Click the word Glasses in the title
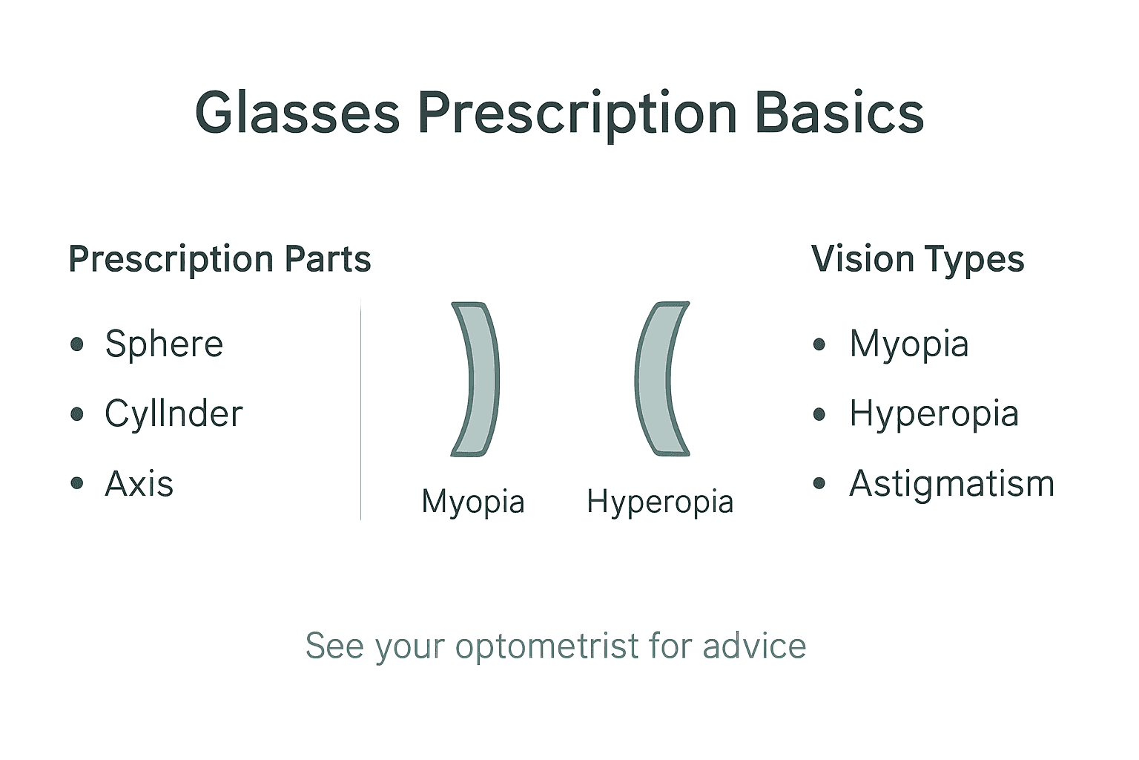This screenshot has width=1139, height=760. (x=297, y=114)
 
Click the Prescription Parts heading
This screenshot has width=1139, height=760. (x=219, y=259)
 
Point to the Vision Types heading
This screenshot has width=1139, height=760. (x=917, y=259)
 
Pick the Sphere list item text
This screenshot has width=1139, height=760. (x=164, y=344)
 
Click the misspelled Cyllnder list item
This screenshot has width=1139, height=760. (x=174, y=413)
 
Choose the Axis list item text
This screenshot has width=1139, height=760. (x=139, y=484)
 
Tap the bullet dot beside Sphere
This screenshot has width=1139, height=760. (x=77, y=344)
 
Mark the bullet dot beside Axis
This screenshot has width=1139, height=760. (x=77, y=483)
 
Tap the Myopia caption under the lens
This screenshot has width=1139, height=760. (x=473, y=502)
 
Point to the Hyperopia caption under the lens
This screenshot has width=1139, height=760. (x=660, y=502)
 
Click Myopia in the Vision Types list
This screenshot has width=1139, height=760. (x=909, y=344)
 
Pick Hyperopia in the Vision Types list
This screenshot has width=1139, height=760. (x=934, y=413)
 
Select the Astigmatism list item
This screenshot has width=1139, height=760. (x=951, y=484)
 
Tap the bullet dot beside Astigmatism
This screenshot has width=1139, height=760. (x=819, y=484)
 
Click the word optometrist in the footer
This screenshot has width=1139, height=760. (x=547, y=646)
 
